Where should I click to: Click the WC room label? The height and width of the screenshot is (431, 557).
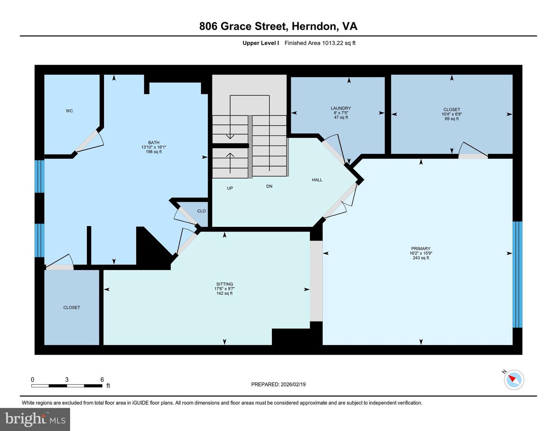[x=69, y=111]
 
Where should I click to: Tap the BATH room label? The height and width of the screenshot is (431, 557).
[x=154, y=143]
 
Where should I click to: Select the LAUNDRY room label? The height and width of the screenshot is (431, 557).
[x=341, y=108]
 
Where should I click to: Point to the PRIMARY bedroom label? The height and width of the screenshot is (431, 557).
[x=421, y=249]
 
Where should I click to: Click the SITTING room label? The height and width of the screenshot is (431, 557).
[x=225, y=284]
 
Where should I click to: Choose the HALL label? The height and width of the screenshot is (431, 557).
[x=317, y=180]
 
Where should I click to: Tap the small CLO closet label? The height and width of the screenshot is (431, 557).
[x=202, y=211]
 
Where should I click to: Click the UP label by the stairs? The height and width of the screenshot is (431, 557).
[x=230, y=188]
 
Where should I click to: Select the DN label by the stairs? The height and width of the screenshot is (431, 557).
[x=269, y=186]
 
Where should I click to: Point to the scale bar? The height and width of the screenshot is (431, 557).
[x=67, y=386]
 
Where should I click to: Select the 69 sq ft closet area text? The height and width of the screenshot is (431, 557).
[x=452, y=119]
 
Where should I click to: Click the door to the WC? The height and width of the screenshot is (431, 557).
[x=88, y=141]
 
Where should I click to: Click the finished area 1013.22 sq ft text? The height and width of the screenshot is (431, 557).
[x=320, y=43]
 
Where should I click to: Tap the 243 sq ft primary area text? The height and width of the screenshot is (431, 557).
[x=421, y=258]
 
